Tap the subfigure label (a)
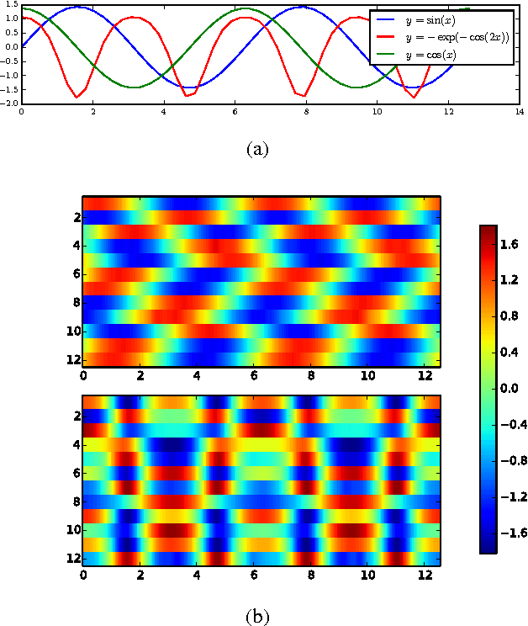coord(257,149)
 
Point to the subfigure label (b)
coord(257,617)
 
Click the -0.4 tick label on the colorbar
coord(510,426)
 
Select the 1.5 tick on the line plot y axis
coord(10,5)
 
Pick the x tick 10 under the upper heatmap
coord(367,375)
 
